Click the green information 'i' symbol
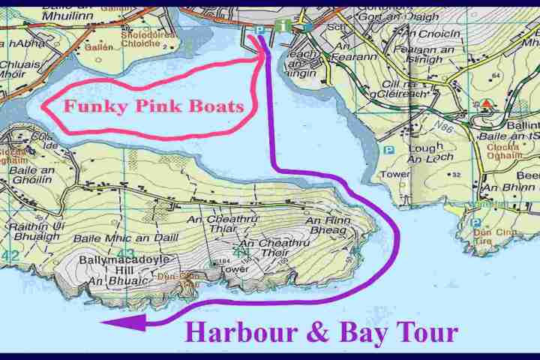tap(283, 26)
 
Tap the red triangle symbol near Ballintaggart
tap(487, 103)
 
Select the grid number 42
tap(10, 256)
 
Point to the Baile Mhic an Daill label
tap(109, 238)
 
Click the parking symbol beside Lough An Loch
tap(388, 150)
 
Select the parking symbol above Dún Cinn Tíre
tap(475, 223)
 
